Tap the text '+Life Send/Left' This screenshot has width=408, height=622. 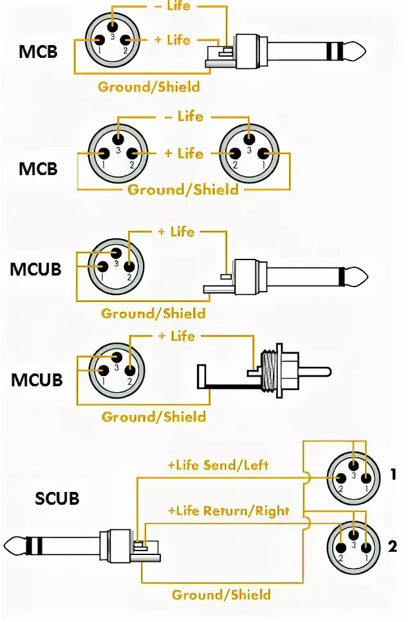218,465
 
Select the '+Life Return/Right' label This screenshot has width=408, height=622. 228,511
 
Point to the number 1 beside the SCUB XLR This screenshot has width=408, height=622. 393,475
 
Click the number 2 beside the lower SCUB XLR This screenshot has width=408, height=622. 393,547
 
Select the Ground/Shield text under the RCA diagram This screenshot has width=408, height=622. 153,417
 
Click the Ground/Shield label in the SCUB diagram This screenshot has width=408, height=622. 221,594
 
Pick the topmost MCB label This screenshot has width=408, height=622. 38,51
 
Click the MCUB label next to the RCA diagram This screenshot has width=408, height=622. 37,380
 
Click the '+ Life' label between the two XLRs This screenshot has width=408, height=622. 183,153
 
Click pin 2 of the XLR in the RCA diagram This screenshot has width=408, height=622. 129,370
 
